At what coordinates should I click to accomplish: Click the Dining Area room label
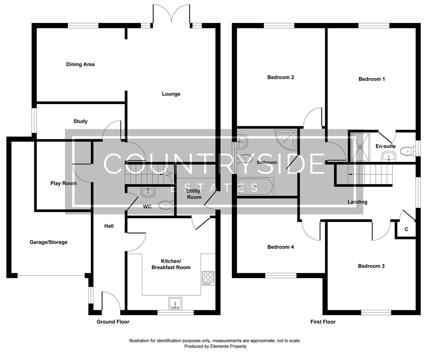[80, 64]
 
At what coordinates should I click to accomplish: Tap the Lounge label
[171, 94]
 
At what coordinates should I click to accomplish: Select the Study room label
[80, 121]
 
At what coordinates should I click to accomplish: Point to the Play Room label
[63, 183]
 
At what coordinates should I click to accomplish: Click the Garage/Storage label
[49, 242]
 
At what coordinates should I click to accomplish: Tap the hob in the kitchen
[208, 278]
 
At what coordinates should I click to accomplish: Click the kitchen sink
[175, 303]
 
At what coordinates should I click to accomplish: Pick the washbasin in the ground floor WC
[148, 192]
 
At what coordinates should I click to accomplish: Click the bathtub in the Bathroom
[255, 187]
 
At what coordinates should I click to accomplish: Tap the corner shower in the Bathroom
[286, 137]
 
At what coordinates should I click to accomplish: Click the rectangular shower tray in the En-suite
[360, 146]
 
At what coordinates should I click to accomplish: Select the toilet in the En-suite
[407, 151]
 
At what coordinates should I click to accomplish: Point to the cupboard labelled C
[406, 230]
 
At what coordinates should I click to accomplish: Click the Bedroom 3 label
[371, 266]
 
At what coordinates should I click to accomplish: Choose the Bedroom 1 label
[372, 79]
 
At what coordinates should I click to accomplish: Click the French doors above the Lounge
[171, 15]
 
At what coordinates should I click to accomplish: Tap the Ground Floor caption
[113, 322]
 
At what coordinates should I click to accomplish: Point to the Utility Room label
[194, 194]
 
